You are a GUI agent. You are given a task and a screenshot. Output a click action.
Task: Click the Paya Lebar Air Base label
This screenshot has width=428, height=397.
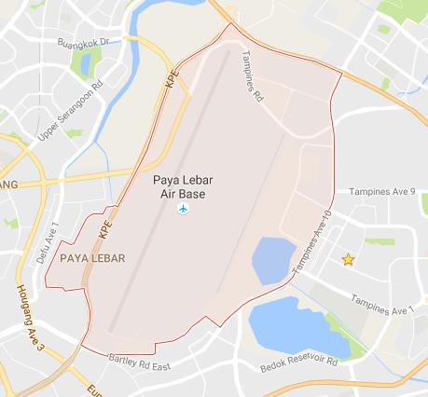coord(183,186)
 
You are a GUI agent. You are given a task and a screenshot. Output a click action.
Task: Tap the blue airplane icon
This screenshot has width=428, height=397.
coord(183,210)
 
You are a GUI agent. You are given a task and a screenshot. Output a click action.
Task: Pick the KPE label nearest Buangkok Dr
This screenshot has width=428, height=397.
coord(171,80)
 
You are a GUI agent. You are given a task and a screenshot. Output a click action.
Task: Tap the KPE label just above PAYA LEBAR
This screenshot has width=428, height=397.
coord(105,225)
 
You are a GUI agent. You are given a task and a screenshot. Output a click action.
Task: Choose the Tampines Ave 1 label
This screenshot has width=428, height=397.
coord(382,305)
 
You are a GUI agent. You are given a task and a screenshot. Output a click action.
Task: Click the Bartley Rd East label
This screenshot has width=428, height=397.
coord(140,362)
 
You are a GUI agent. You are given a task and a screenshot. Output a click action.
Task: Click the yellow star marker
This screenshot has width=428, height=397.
coord(348,259)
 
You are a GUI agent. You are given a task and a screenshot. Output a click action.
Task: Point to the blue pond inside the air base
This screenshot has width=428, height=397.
coord(273,260)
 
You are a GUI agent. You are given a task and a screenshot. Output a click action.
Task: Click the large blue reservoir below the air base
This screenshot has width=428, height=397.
coord(294,326)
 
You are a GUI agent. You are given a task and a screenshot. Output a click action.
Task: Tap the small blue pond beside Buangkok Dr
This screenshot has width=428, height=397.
coord(87,63)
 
